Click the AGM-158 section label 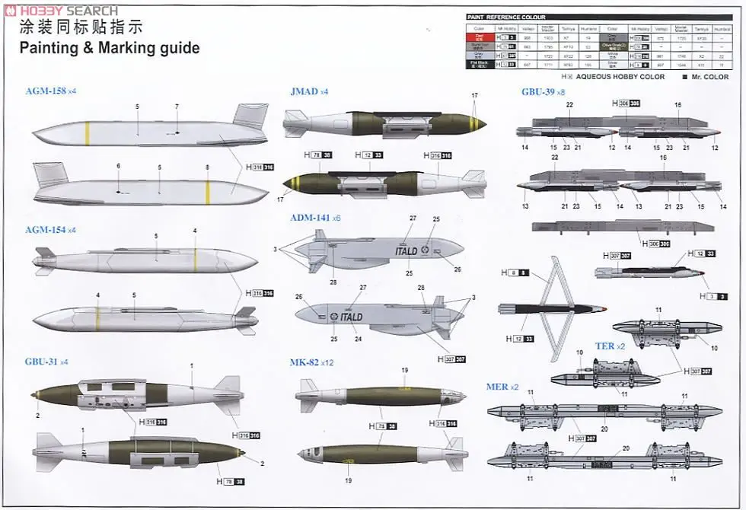tap(46, 91)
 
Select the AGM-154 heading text tap(46, 230)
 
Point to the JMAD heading tap(304, 91)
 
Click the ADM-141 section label tap(310, 218)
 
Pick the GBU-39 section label tap(537, 92)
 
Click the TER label tap(604, 346)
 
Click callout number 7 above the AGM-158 tap(177, 107)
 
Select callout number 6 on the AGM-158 tap(118, 165)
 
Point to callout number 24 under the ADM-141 tap(358, 339)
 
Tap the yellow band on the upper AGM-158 tap(88, 133)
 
